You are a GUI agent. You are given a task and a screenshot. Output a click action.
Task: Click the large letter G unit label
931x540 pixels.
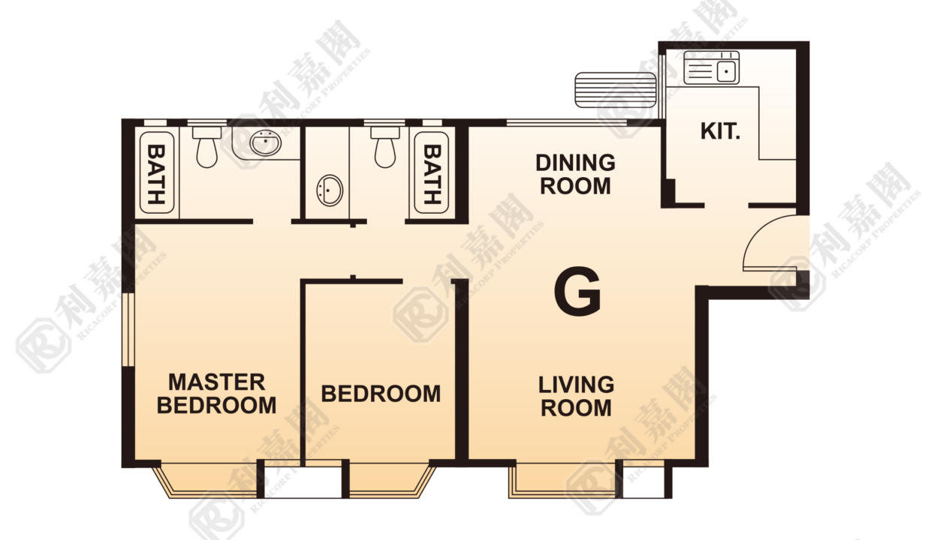tap(577, 291)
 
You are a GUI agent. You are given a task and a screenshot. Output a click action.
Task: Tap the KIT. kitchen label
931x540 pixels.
tap(720, 131)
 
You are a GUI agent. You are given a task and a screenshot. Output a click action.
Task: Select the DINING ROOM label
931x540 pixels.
tap(575, 174)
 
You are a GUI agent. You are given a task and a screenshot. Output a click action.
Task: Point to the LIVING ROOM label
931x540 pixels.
tap(576, 397)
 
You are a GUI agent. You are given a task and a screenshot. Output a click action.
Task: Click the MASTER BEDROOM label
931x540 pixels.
tap(216, 394)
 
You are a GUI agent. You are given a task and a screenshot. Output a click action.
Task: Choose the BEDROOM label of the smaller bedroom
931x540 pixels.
tap(381, 394)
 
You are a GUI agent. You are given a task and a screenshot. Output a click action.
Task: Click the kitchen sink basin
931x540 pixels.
tap(726, 71)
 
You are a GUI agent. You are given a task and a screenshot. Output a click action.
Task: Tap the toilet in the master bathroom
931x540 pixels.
tap(207, 147)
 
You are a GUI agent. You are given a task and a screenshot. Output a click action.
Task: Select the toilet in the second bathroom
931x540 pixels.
tap(385, 147)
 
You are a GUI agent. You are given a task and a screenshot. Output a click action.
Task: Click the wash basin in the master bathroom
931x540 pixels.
tap(265, 143)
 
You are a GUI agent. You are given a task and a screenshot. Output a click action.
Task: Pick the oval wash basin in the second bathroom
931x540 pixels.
tap(330, 190)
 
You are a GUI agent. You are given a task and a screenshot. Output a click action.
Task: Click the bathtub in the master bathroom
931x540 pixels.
tap(157, 172)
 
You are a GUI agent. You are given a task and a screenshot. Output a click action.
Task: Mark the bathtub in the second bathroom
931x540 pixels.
tap(432, 172)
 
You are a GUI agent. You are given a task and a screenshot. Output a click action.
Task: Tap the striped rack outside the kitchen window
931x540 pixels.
tap(616, 90)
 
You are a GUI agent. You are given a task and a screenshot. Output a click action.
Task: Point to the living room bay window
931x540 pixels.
tap(563, 480)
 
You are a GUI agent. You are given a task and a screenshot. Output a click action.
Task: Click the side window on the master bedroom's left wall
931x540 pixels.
tap(129, 329)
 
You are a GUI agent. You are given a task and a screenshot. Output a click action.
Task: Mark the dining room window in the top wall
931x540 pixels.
tap(567, 122)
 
